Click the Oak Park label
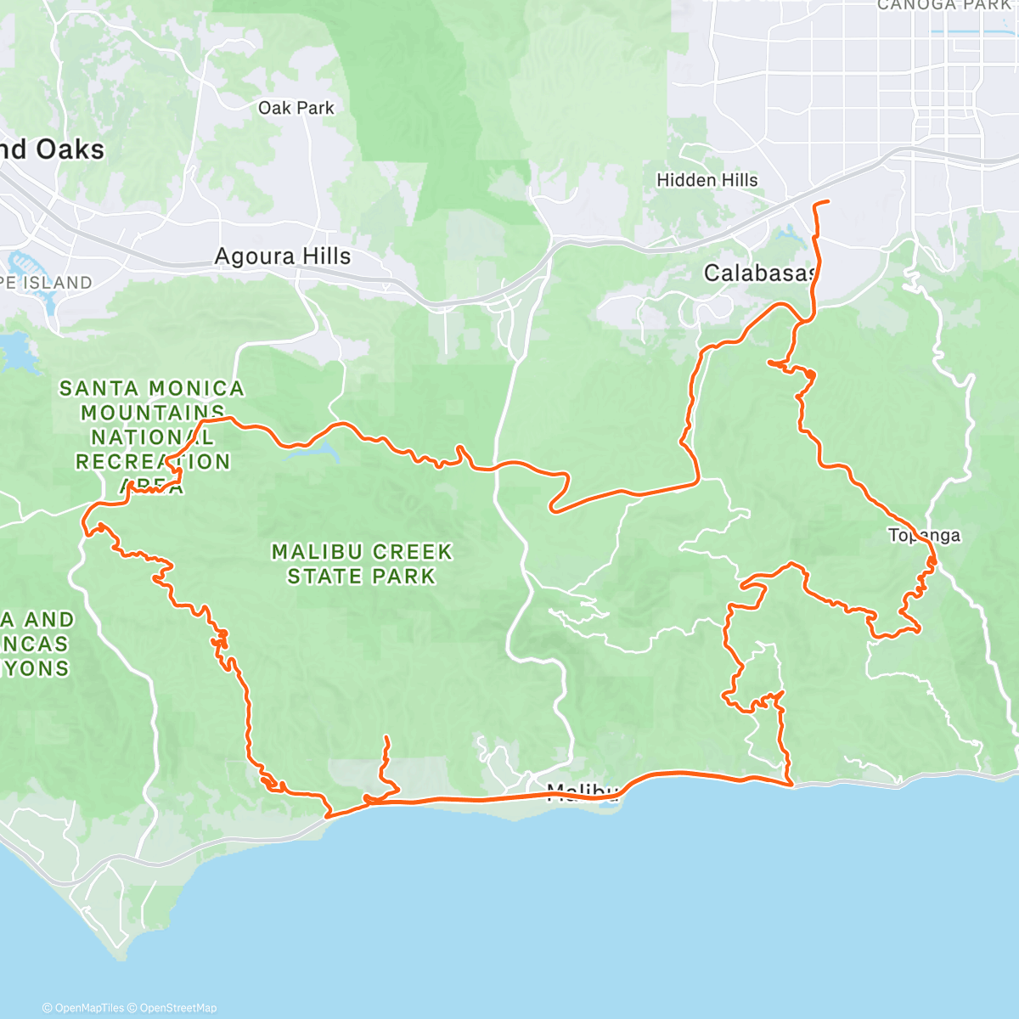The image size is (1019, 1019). [296, 108]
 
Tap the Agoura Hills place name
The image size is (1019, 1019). [282, 256]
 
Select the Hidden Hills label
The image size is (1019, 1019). [707, 180]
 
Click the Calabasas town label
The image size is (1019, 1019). [759, 273]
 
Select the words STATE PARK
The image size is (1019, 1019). [361, 577]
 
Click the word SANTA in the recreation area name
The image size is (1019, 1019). [99, 389]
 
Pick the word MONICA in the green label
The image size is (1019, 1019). [200, 389]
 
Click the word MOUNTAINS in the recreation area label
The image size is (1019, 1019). [153, 414]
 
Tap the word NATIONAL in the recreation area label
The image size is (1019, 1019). [153, 438]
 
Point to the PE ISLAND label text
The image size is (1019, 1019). [46, 283]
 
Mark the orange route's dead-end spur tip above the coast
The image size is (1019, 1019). [386, 737]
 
